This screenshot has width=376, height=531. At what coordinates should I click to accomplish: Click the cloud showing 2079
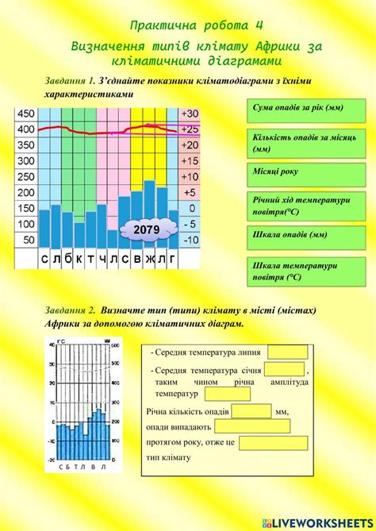pyautogui.click(x=146, y=230)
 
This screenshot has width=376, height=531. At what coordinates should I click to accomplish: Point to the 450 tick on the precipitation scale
pyautogui.click(x=26, y=113)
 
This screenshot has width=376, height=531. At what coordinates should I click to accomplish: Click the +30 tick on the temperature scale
pyautogui.click(x=190, y=113)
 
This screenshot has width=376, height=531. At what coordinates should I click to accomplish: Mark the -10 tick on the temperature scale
pyautogui.click(x=190, y=239)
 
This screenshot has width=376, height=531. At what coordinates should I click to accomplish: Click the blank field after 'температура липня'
pyautogui.click(x=287, y=352)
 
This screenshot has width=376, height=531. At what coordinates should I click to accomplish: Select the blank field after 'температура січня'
pyautogui.click(x=284, y=369)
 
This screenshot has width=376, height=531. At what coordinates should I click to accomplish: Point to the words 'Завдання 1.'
pyautogui.click(x=70, y=80)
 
